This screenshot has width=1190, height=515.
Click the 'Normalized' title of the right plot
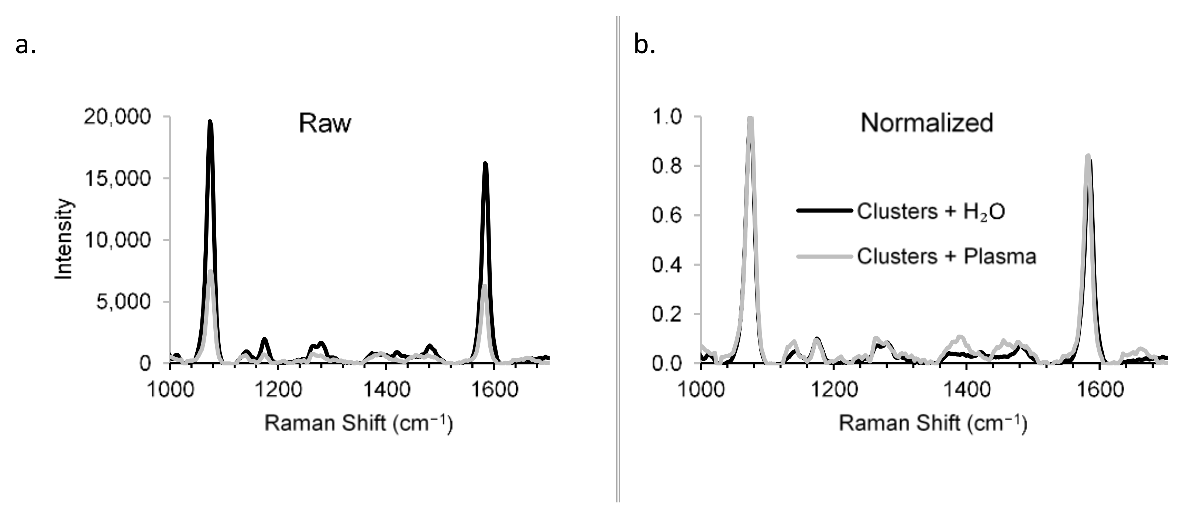pos(926,123)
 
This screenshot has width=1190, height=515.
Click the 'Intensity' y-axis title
pos(64,239)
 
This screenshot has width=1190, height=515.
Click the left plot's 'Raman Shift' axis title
pos(358,424)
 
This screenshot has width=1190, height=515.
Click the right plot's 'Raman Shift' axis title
pos(933,424)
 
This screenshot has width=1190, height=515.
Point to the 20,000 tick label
pos(117,117)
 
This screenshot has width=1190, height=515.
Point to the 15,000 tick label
pos(117,179)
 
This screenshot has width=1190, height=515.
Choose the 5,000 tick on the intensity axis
pos(123,302)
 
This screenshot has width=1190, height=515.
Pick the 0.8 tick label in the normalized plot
pos(667,166)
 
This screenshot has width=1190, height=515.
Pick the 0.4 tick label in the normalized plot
pos(667,265)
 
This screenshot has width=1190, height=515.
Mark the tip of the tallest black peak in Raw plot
pos(210,121)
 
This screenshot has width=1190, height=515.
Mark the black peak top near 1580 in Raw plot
pos(485,163)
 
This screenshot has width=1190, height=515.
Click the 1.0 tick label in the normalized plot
pos(667,117)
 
